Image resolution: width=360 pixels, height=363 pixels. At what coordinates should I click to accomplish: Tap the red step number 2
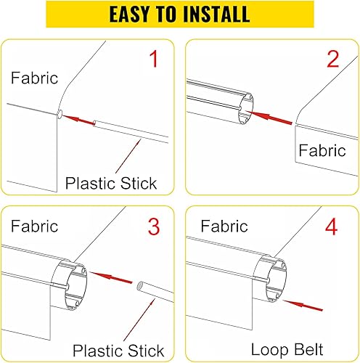click(332, 59)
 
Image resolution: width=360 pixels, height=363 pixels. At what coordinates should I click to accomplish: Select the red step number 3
click(153, 227)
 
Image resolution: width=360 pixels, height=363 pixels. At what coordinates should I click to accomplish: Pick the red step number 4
click(332, 227)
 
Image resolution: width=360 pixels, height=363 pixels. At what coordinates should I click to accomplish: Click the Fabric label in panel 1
click(34, 78)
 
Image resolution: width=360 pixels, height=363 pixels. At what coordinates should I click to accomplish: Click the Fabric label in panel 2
click(322, 151)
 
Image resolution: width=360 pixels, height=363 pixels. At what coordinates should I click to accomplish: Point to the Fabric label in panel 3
click(34, 226)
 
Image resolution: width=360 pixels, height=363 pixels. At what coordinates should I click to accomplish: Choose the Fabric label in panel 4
click(224, 227)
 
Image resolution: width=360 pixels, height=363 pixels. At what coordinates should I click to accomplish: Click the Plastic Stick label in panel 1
click(111, 183)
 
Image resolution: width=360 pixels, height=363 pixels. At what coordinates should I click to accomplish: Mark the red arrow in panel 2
click(274, 114)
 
